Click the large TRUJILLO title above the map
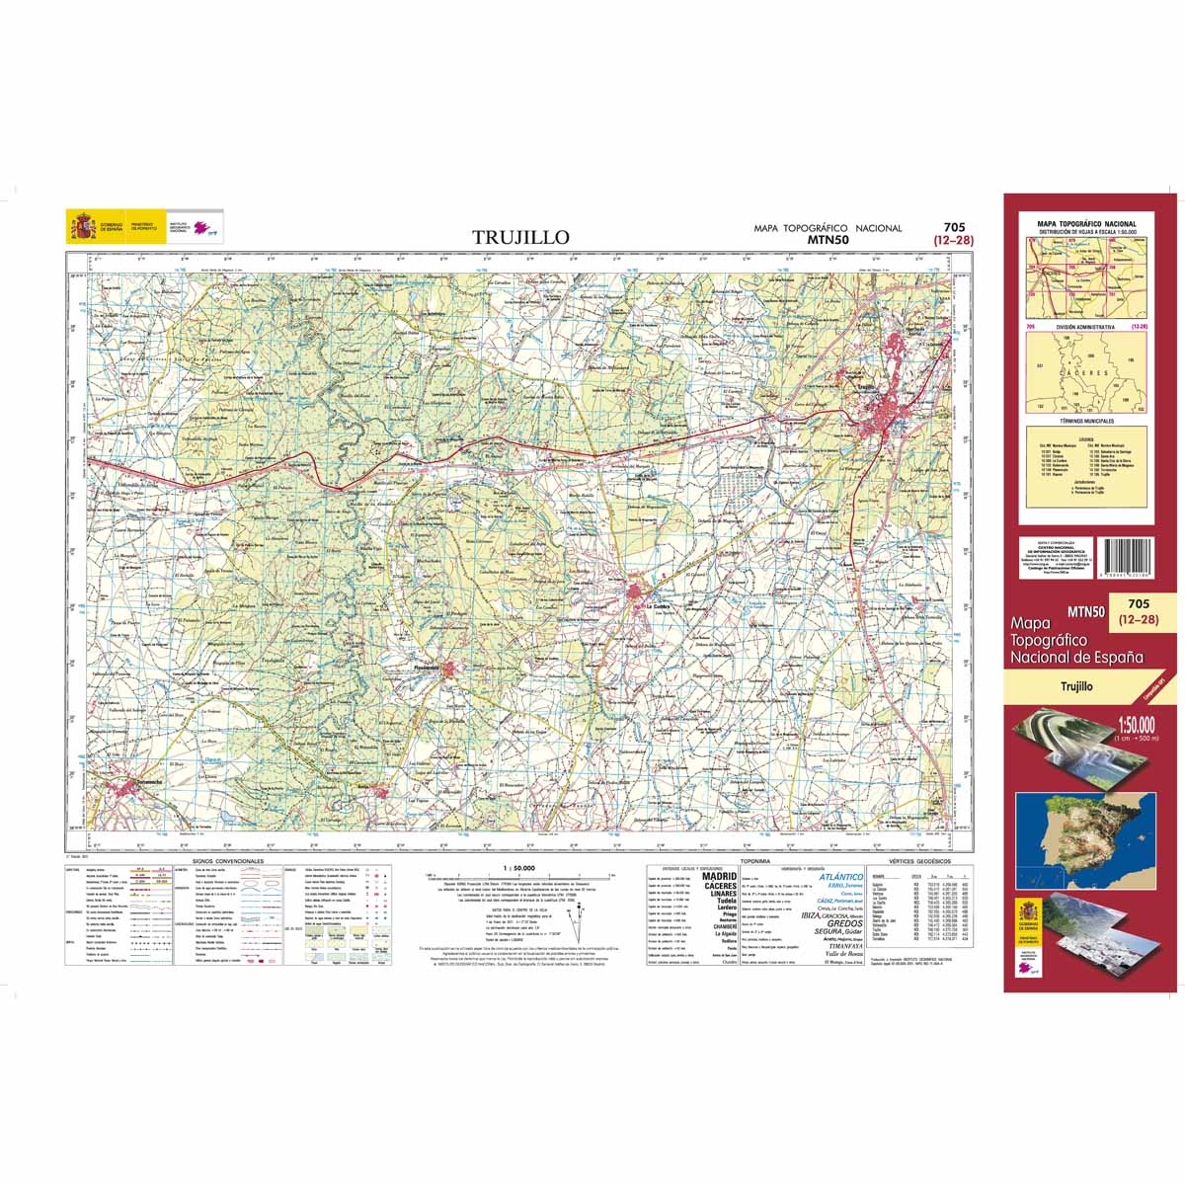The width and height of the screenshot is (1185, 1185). tap(520, 237)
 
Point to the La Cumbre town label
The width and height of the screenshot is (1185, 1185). tap(658, 606)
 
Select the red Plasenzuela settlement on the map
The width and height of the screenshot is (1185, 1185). tap(450, 671)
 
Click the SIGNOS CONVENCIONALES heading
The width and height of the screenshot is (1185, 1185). tap(228, 861)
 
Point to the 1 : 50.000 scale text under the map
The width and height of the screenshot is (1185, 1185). tap(519, 867)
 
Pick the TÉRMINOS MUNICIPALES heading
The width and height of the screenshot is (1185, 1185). tap(1086, 421)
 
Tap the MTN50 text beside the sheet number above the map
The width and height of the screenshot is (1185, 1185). tap(828, 239)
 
